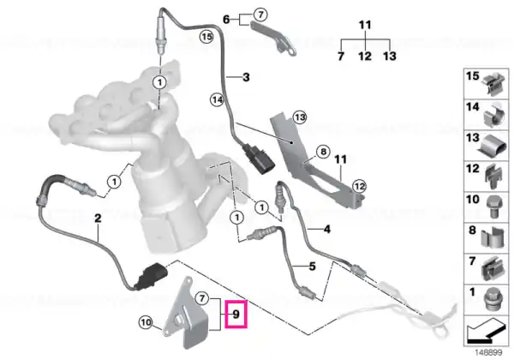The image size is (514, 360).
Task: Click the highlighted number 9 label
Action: click(x=236, y=314)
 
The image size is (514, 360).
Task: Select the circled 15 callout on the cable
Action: click(x=206, y=36)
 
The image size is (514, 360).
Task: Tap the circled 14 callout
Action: click(x=217, y=99)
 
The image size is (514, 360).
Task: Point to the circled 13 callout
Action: click(x=300, y=117)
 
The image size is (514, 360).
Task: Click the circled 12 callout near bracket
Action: click(x=360, y=187)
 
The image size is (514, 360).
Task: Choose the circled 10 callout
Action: click(x=146, y=322)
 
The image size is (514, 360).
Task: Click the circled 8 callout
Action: click(x=323, y=152)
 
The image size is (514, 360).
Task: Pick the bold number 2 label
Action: click(x=98, y=218)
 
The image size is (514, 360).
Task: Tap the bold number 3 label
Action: click(x=246, y=77)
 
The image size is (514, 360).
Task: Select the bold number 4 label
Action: click(x=327, y=229)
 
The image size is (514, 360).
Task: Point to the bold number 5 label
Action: click(x=312, y=267)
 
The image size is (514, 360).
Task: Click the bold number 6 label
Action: click(x=226, y=20)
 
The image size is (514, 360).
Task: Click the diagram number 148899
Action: click(x=488, y=353)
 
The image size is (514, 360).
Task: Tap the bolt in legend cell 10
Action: click(x=493, y=207)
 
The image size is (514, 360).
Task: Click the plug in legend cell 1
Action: click(x=492, y=300)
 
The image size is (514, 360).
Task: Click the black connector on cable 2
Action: click(x=152, y=276)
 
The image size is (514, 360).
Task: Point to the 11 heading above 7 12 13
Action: click(x=365, y=25)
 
